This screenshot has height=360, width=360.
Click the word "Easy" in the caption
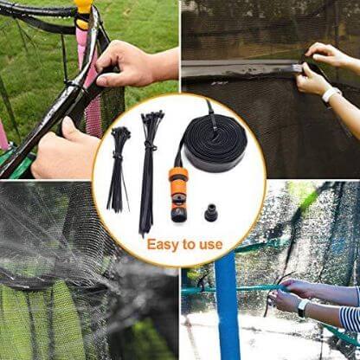point(165,245)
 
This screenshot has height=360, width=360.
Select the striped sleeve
point(349,321)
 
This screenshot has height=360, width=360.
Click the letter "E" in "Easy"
point(151,245)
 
